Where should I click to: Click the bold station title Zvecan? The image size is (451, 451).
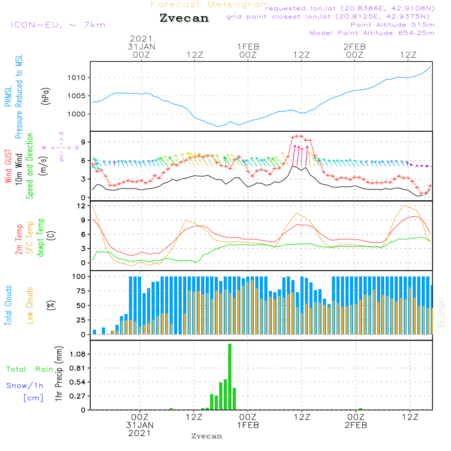pyautogui.click(x=184, y=18)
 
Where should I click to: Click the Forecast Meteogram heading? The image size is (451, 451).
pyautogui.click(x=210, y=5)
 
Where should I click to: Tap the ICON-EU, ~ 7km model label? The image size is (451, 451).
pyautogui.click(x=58, y=24)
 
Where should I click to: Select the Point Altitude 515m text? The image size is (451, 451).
pyautogui.click(x=392, y=24)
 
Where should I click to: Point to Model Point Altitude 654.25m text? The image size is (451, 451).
pyautogui.click(x=372, y=32)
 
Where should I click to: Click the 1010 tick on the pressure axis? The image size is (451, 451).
pyautogui.click(x=77, y=78)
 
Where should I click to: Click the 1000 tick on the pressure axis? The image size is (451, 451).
pyautogui.click(x=77, y=114)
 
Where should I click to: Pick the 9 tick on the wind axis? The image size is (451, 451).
pyautogui.click(x=83, y=142)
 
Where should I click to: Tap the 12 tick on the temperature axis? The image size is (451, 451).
pyautogui.click(x=81, y=206)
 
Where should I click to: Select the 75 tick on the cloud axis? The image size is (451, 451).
pyautogui.click(x=80, y=291)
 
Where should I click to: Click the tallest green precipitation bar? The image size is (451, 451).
pyautogui.click(x=230, y=377)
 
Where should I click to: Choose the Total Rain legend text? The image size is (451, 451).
pyautogui.click(x=29, y=369)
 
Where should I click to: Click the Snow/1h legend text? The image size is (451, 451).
pyautogui.click(x=25, y=386)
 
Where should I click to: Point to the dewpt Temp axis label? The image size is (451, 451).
pyautogui.click(x=41, y=238)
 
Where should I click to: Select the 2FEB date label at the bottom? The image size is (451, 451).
pyautogui.click(x=355, y=425)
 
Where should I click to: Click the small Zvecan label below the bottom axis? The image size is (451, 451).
pyautogui.click(x=207, y=436)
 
